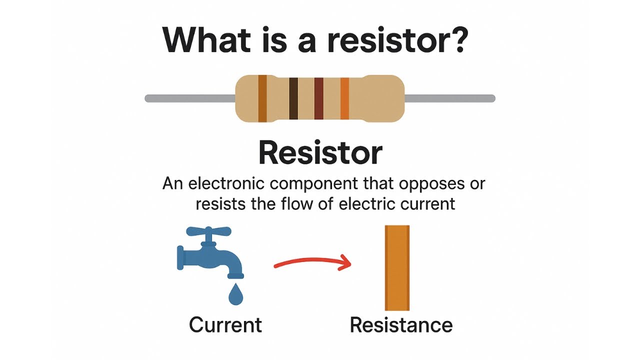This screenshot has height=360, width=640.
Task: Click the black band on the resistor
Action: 293,98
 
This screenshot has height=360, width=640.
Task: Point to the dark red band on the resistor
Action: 318,98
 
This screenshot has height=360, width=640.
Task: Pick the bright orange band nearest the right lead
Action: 344,98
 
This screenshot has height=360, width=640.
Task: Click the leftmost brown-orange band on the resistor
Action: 262,98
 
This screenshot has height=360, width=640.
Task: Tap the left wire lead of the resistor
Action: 190,98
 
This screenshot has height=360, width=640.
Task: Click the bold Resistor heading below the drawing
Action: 320,153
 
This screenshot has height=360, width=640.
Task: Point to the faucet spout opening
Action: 235,275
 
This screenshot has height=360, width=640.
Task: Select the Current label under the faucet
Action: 225,325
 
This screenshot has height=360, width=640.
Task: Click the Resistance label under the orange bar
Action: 401,325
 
